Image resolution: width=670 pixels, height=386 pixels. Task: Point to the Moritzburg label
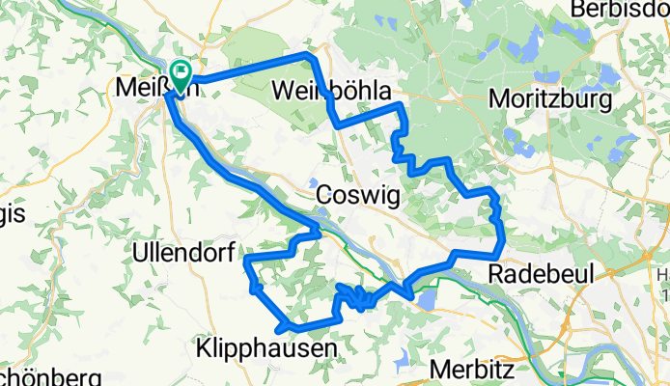pyautogui.click(x=550, y=98)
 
